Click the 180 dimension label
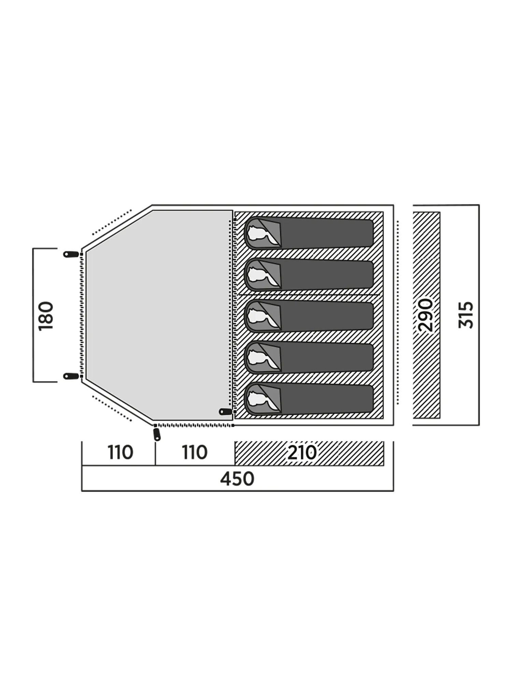[46, 316]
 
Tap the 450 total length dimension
[237, 479]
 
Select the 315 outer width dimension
[466, 315]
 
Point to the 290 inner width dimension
[426, 315]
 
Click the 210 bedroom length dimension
[302, 453]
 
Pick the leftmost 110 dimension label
[120, 453]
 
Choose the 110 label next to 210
[195, 453]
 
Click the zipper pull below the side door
[157, 434]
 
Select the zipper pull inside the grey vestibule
[226, 411]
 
